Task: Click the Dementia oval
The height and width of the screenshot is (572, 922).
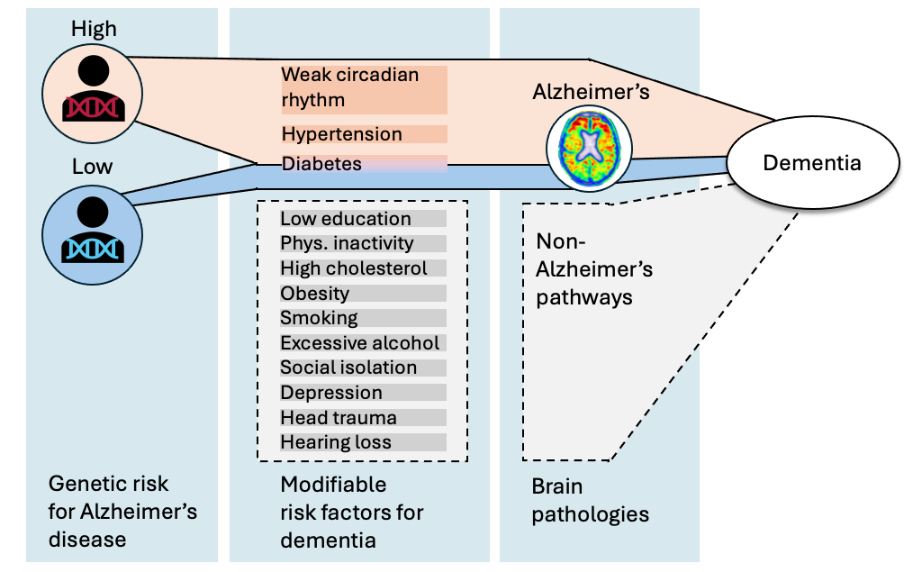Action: pyautogui.click(x=812, y=163)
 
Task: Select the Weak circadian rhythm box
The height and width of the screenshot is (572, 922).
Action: pyautogui.click(x=364, y=88)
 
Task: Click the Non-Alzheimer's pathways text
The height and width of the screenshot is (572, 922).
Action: pyautogui.click(x=594, y=269)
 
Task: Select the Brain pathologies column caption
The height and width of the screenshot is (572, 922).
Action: pyautogui.click(x=590, y=501)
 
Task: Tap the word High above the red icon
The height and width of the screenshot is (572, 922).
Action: pyautogui.click(x=94, y=29)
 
